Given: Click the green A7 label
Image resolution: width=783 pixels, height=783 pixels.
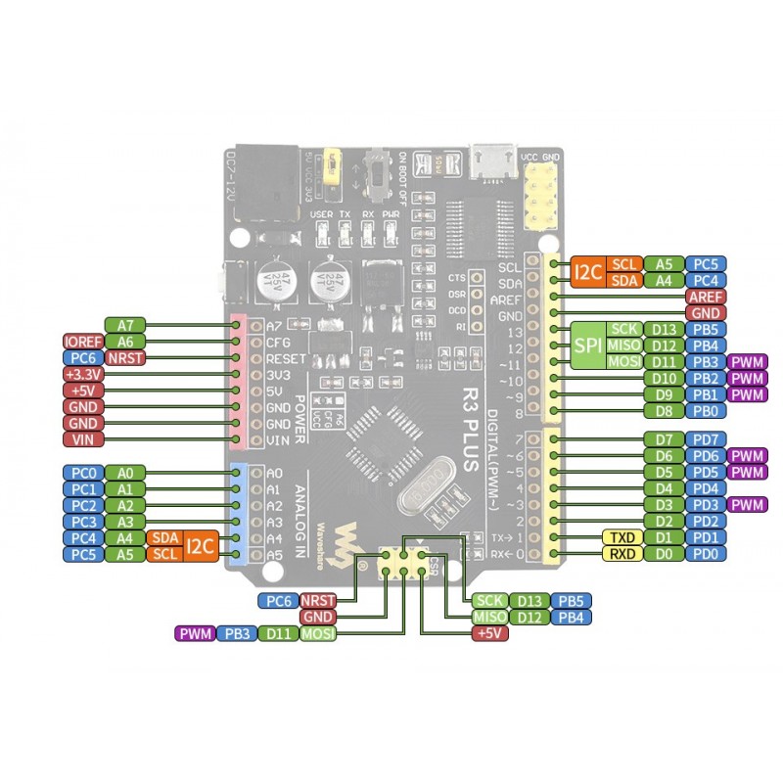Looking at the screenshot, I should pos(124,324).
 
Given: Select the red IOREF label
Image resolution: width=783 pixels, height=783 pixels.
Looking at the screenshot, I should pos(82,341).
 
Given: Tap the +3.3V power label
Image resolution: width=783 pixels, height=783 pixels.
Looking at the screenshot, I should pos(83,374).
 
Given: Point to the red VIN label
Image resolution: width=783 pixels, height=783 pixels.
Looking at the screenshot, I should pos(83,439).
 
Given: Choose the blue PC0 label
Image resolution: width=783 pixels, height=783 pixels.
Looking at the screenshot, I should pos(83,472).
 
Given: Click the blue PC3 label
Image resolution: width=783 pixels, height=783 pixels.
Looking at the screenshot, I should pos(83,522).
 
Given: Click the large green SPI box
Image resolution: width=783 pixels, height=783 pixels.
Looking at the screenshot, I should pos(587,345).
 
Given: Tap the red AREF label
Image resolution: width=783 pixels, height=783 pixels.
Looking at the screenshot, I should pos(705,297).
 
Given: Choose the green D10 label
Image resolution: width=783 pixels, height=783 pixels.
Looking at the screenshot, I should pos(665,378).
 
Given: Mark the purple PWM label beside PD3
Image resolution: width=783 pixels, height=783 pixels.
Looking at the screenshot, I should pos(747,505).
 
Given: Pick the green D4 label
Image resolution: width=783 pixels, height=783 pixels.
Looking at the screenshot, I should pos(665,488).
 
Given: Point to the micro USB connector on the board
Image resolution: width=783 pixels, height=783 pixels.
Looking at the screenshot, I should pos(493,160).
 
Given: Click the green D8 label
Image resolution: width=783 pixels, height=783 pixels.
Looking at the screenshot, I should pos(665,411).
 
